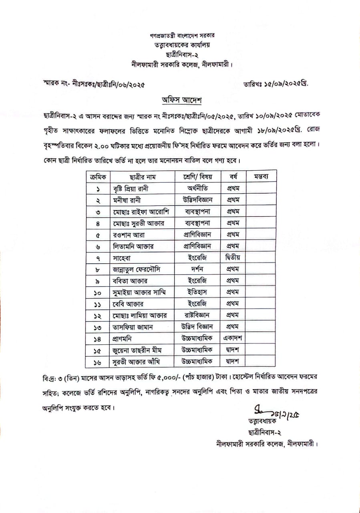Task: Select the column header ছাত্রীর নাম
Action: tap(142, 177)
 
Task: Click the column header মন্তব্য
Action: tap(261, 177)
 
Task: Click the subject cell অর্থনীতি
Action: tap(198, 188)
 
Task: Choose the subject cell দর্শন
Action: tap(198, 269)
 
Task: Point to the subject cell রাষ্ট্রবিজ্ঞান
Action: tap(198, 315)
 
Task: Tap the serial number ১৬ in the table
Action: tap(97, 362)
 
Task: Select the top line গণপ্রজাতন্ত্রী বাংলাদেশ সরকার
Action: tap(180, 36)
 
